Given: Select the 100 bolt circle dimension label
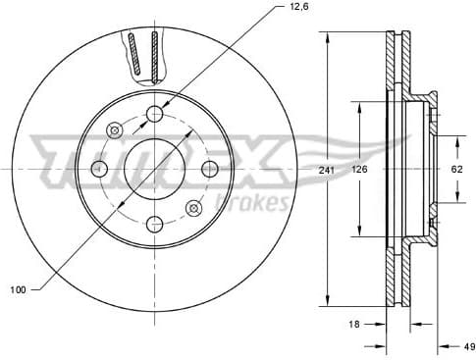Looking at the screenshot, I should coord(15,289).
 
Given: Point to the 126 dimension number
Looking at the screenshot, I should coord(359,170).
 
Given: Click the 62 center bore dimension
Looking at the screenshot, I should coord(456,169).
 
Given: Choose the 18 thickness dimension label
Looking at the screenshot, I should coord(354,322).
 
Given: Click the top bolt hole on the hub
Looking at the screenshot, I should coord(154,115).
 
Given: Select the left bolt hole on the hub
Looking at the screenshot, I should coord(98,169).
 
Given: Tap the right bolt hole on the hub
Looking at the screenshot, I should coord(208,169).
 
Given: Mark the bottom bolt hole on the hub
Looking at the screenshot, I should coord(154,224).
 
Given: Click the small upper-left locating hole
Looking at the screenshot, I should coord(115,129).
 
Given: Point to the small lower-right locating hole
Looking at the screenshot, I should coord(193,208).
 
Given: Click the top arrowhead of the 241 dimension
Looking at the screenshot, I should coord(327,36).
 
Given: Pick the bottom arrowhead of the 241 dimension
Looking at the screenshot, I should coord(327,302).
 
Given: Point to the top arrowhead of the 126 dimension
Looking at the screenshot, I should coord(359,104).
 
